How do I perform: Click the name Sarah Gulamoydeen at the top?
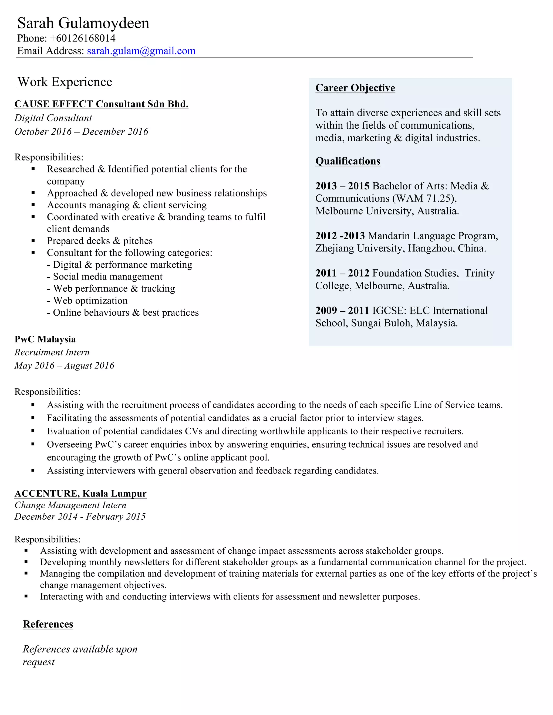point(83,23)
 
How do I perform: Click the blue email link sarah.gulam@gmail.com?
point(141,51)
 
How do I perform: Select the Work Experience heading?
point(65,82)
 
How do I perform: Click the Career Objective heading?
point(355,88)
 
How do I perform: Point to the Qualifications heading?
point(348,161)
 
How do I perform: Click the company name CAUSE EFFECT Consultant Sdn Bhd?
point(101,104)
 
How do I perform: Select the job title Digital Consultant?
point(53,118)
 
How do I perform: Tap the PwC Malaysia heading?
point(45,339)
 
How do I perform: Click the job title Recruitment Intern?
point(52,353)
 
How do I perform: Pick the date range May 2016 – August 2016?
point(64,366)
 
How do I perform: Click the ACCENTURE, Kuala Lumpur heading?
point(80,493)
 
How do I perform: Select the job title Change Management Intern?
point(70,505)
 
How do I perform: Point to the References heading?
point(48,624)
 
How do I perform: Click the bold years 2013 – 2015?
point(342,186)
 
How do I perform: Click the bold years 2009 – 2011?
point(342,310)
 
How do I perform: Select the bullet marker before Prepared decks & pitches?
point(33,241)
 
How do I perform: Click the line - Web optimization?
point(87,301)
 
